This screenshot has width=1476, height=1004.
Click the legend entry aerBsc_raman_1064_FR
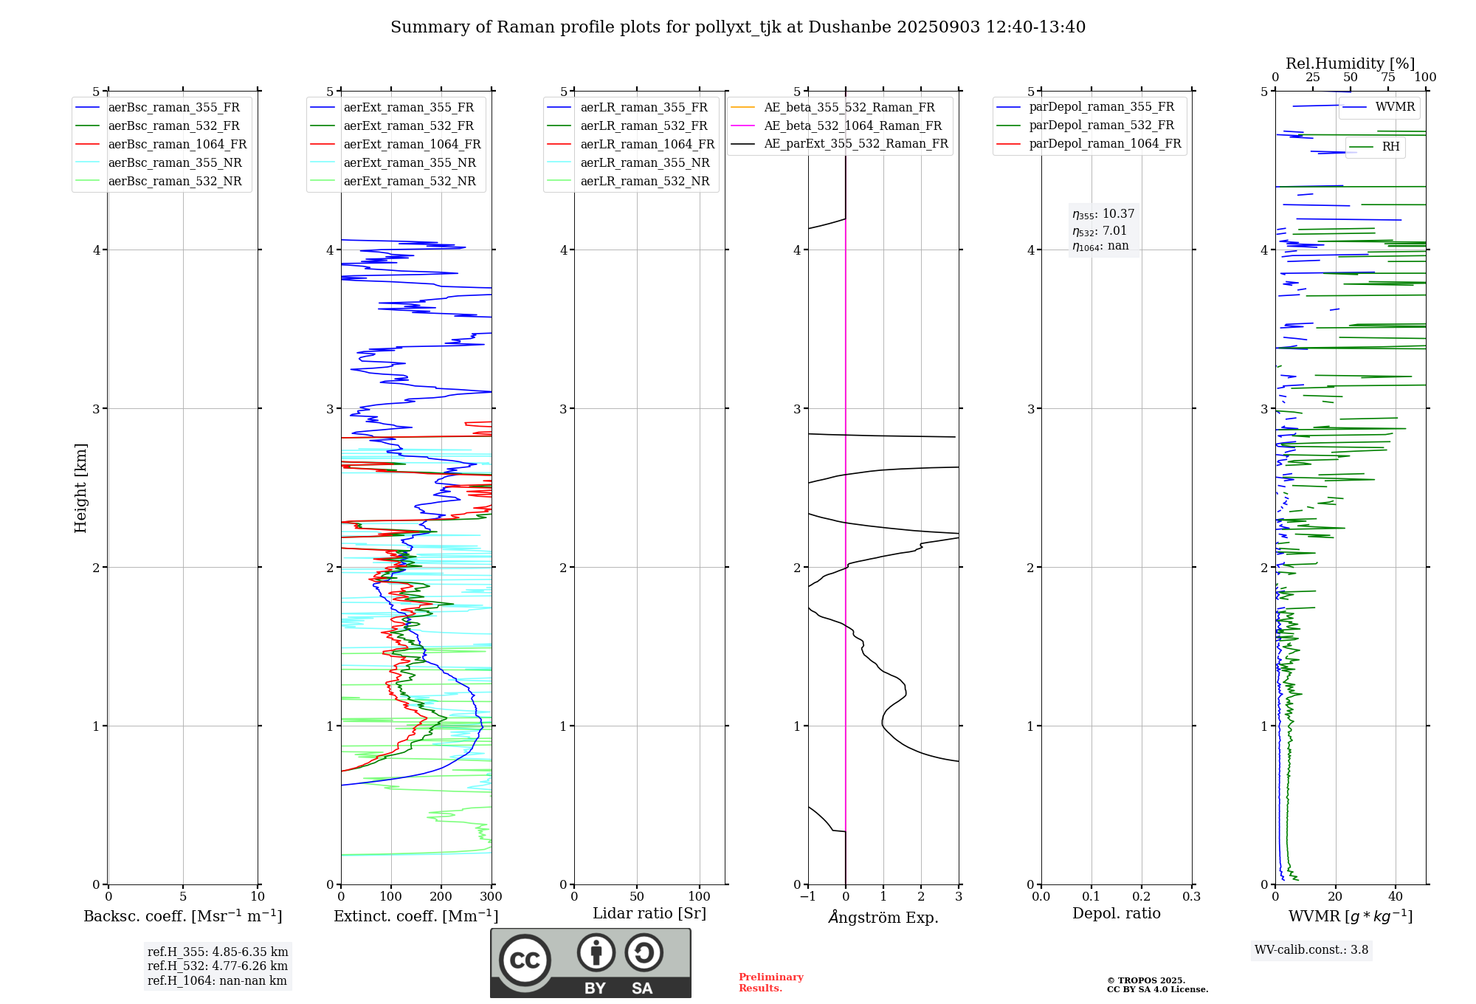(x=177, y=145)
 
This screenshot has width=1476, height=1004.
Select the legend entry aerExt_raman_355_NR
(x=410, y=163)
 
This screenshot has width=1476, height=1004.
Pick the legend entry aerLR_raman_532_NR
(x=644, y=182)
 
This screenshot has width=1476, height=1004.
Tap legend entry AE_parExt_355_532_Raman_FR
(x=855, y=144)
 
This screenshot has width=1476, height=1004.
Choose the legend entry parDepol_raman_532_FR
(x=1101, y=125)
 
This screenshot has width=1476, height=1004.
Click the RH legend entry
(x=1390, y=147)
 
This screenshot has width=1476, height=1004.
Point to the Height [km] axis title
(x=80, y=488)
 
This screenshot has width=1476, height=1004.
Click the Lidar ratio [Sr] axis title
(x=649, y=914)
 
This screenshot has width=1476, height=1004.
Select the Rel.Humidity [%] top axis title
(x=1350, y=63)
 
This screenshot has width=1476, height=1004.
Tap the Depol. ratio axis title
(x=1116, y=914)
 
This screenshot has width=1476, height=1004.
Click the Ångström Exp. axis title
(x=883, y=918)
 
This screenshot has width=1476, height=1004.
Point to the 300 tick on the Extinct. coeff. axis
(x=492, y=897)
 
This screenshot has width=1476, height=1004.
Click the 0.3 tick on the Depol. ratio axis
(x=1191, y=897)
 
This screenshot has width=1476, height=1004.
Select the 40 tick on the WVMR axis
(x=1396, y=897)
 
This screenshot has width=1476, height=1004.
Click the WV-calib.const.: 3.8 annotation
(x=1311, y=950)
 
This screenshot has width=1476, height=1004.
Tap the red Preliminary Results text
(x=770, y=983)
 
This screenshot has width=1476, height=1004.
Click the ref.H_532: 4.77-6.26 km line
(x=218, y=966)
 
